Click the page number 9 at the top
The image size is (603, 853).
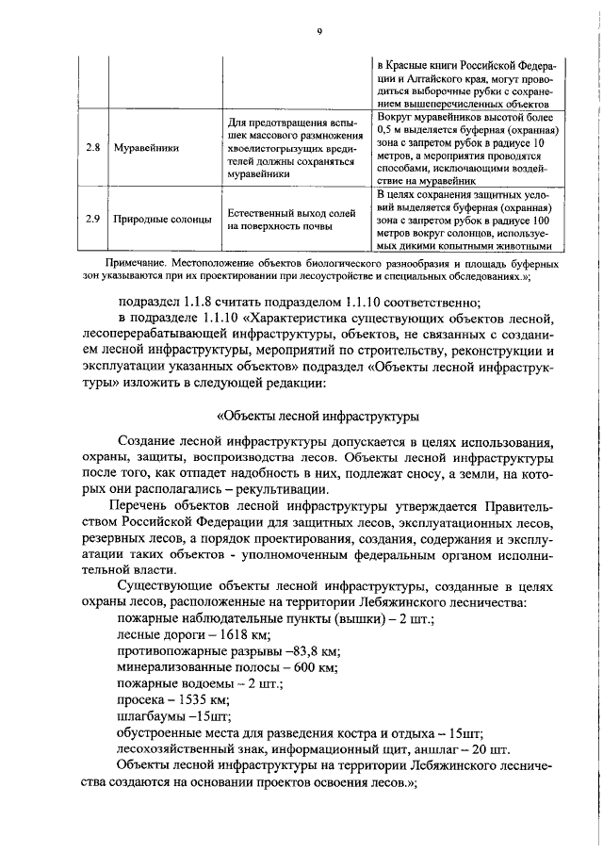pyautogui.click(x=319, y=32)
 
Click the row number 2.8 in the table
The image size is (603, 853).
pyautogui.click(x=92, y=148)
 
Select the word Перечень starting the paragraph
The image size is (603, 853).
pyautogui.click(x=150, y=507)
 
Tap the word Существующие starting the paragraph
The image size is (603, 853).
pyautogui.click(x=167, y=585)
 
